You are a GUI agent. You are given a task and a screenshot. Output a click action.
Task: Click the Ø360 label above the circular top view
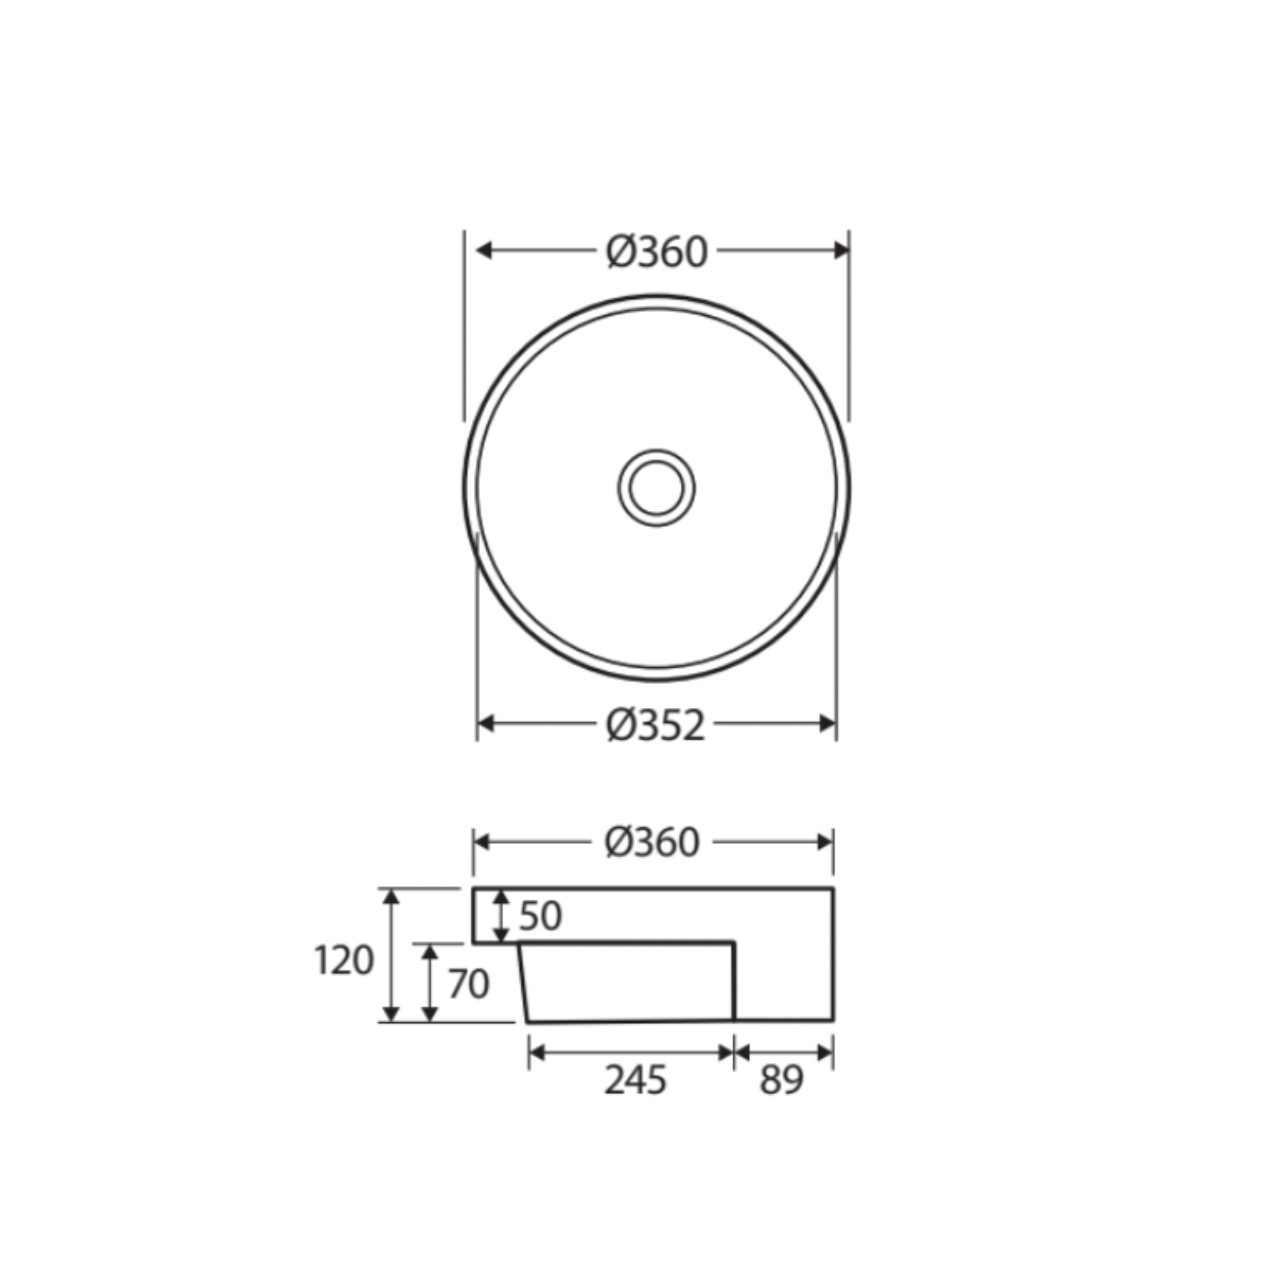pyautogui.click(x=657, y=252)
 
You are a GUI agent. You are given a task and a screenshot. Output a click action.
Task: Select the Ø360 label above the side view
pyautogui.click(x=652, y=843)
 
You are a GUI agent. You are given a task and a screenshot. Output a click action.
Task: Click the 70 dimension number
pyautogui.click(x=469, y=984)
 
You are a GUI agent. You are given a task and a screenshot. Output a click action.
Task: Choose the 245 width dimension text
pyautogui.click(x=635, y=1080)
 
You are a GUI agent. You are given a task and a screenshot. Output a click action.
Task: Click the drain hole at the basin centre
pyautogui.click(x=656, y=488)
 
